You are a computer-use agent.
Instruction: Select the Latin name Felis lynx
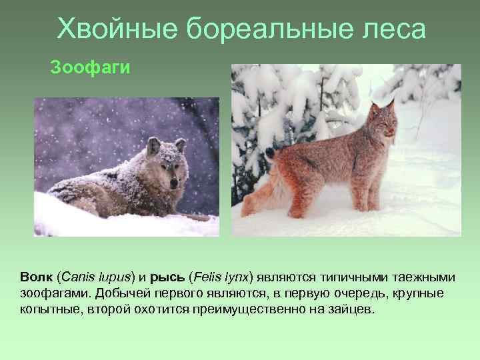pos(221,276)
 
